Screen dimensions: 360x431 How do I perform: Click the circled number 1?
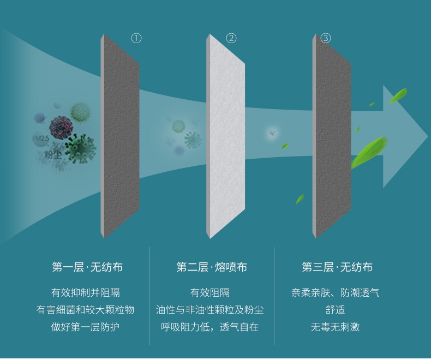coord(136,38)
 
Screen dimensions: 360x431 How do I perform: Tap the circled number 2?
coord(231,38)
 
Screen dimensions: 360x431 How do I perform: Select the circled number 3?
coord(326,38)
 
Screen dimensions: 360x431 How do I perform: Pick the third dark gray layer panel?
coord(332,136)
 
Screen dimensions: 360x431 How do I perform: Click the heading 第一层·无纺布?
coord(87,267)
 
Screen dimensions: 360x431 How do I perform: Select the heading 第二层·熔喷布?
coord(212,267)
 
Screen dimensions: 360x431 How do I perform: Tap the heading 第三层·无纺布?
coord(337,267)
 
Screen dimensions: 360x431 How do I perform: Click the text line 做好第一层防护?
coord(86,327)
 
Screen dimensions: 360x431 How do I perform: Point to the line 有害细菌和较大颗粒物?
coord(86,310)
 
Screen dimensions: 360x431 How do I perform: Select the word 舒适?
coord(336,310)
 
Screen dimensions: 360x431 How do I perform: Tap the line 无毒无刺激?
coord(336,327)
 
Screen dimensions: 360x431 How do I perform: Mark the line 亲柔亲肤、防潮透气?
coord(336,293)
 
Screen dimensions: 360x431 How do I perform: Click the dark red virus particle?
coord(61,128)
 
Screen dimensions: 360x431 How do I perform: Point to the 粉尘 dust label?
coord(53,154)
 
